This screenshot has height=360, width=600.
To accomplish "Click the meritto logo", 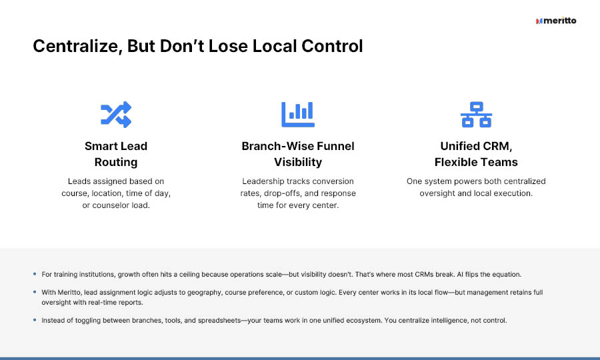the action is pyautogui.click(x=556, y=21).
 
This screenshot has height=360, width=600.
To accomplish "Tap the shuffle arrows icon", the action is pyautogui.click(x=116, y=115).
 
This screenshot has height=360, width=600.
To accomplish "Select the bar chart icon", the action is pyautogui.click(x=298, y=115).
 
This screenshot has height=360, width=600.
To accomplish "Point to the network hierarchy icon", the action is pyautogui.click(x=476, y=115).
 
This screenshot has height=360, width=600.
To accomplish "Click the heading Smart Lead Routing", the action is pyautogui.click(x=116, y=154).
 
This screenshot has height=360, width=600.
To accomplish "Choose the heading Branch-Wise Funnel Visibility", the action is pyautogui.click(x=298, y=154).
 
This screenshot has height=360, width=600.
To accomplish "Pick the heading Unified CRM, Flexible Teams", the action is pyautogui.click(x=476, y=154).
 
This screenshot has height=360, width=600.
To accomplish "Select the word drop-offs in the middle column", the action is pyautogui.click(x=283, y=193).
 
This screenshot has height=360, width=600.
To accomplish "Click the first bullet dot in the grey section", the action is pyautogui.click(x=35, y=274).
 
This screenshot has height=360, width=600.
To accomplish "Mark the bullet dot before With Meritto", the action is pyautogui.click(x=35, y=292).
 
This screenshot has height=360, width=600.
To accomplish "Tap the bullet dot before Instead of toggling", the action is pyautogui.click(x=35, y=320).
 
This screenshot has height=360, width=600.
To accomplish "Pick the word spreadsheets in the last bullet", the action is pyautogui.click(x=219, y=320).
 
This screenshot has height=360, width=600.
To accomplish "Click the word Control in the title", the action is pyautogui.click(x=332, y=47).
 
